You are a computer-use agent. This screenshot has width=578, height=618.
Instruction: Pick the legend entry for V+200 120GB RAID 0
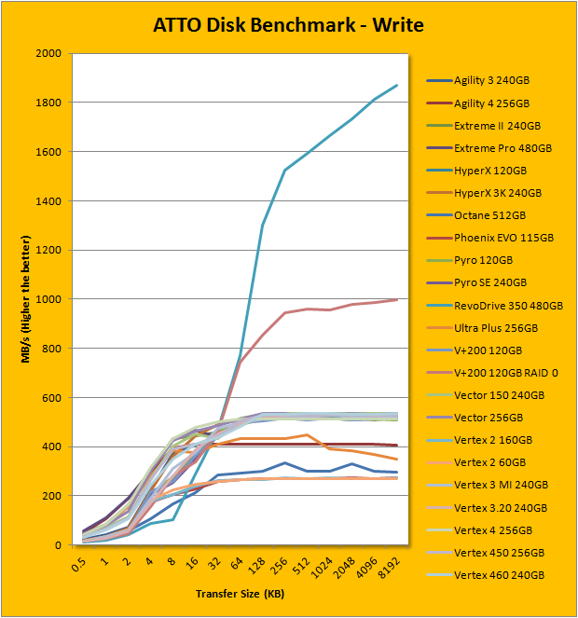click(507, 373)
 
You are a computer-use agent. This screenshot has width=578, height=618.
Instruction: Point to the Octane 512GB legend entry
click(489, 215)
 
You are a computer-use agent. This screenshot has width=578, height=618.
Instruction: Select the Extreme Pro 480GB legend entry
click(500, 147)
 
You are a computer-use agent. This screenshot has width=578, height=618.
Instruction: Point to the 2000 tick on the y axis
click(47, 54)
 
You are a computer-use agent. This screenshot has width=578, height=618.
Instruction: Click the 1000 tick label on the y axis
click(47, 299)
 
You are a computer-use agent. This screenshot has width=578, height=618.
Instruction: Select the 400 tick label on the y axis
click(50, 446)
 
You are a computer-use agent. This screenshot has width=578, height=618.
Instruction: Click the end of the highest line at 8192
click(397, 85)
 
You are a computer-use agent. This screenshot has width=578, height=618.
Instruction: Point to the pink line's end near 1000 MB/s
click(397, 299)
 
